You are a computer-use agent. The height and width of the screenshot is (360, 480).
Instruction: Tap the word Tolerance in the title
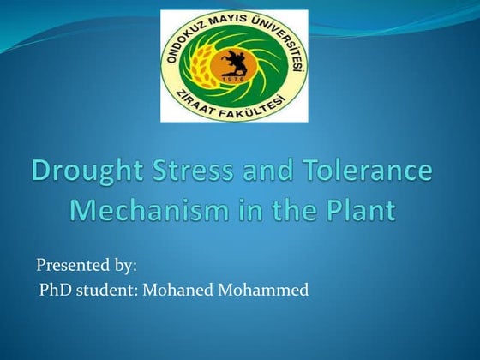(x=377, y=171)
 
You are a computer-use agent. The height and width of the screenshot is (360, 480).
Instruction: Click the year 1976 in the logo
(x=234, y=80)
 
